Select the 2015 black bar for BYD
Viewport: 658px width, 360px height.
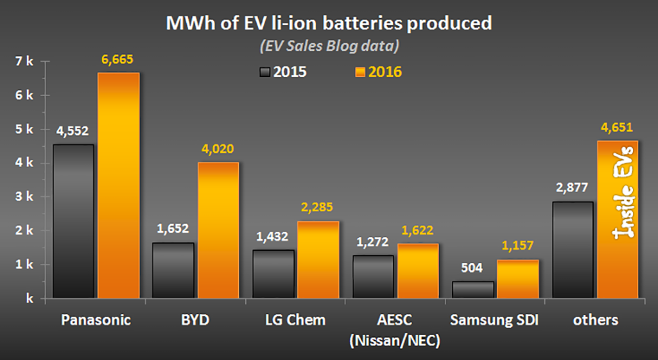click(174, 270)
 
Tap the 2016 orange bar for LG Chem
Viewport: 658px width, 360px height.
click(318, 259)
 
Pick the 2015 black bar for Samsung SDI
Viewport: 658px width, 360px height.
click(474, 290)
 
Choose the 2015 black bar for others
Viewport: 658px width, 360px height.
click(573, 250)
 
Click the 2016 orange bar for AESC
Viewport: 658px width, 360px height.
click(418, 270)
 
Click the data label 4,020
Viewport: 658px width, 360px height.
click(218, 149)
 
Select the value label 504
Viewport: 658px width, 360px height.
click(472, 269)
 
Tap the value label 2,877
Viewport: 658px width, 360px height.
click(572, 189)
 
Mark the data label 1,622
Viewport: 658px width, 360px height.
click(418, 231)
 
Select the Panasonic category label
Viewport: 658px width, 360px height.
click(96, 321)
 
